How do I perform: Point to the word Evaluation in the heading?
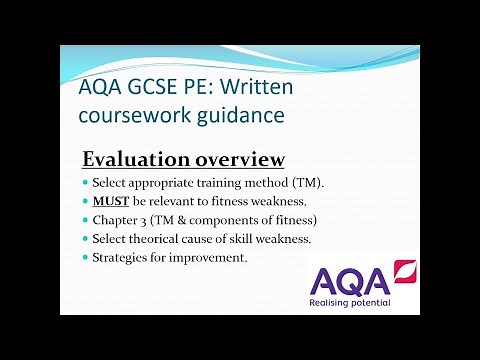pos(133,159)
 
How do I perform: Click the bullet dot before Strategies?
pos(84,258)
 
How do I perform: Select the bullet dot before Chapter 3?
pos(84,221)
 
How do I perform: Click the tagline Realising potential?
pos(350,301)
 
